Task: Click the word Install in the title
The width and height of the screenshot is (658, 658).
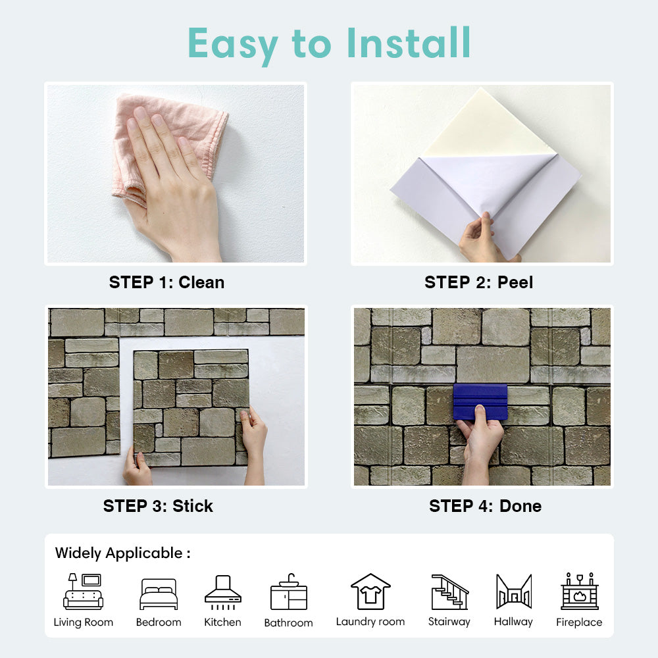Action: [409, 43]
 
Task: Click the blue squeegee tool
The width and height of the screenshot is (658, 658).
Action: [480, 402]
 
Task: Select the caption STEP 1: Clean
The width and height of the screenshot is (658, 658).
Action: [166, 282]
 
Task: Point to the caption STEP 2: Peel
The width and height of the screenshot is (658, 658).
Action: [479, 282]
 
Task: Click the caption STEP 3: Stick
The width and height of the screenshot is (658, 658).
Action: [158, 506]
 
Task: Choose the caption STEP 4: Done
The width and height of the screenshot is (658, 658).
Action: [485, 506]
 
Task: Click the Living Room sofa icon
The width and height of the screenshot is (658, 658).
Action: [83, 592]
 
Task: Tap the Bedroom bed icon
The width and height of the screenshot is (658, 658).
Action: [159, 594]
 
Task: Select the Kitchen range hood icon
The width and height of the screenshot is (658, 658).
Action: [223, 592]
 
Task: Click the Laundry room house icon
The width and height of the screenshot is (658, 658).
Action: [370, 592]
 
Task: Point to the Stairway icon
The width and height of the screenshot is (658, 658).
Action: [450, 592]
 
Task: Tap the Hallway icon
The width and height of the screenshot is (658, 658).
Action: [514, 592]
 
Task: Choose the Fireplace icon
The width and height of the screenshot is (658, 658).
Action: [580, 591]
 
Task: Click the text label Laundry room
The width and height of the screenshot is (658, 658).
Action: [370, 622]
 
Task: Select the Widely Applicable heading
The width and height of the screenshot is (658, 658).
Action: [122, 553]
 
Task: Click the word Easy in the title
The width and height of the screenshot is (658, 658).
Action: [233, 45]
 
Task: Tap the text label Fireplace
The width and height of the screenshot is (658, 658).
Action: [579, 622]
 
